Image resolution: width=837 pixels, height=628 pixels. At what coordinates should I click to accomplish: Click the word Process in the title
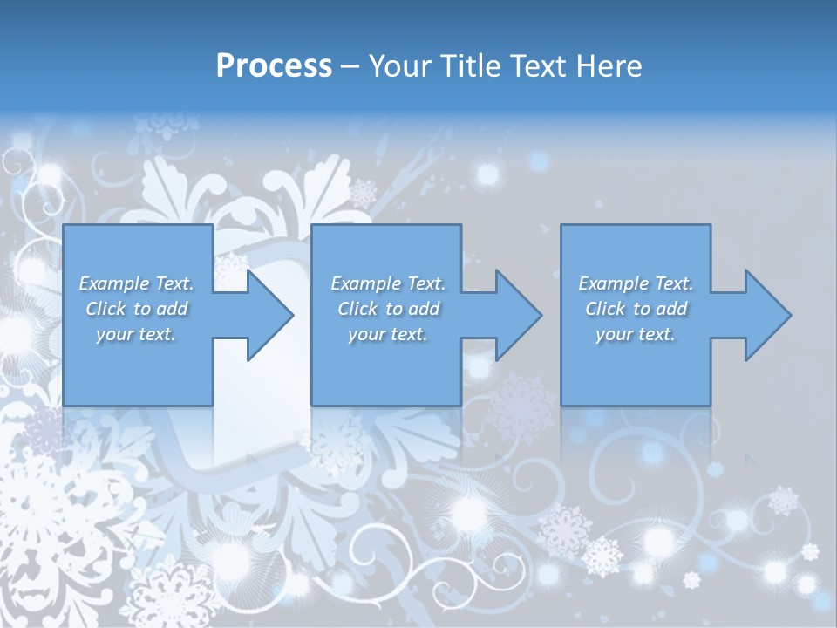click(x=274, y=66)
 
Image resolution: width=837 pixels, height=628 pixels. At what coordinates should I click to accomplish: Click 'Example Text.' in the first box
click(x=136, y=283)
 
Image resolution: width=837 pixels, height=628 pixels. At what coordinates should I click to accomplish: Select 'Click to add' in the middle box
click(x=388, y=309)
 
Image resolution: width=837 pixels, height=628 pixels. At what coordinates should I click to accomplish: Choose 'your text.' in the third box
click(x=636, y=334)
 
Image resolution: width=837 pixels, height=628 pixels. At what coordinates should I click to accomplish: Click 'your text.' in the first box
click(x=136, y=334)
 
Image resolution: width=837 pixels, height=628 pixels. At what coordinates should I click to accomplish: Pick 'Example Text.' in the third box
click(x=636, y=283)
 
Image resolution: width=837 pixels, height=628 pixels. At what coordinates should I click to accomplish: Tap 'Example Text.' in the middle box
click(x=388, y=283)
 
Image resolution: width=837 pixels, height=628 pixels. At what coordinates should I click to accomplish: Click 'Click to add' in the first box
click(x=136, y=309)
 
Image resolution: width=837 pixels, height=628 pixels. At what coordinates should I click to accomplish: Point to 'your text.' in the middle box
click(x=388, y=334)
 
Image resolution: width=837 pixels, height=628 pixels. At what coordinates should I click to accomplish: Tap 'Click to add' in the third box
click(x=636, y=309)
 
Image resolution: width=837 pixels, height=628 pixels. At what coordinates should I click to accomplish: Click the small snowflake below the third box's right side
click(x=715, y=470)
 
